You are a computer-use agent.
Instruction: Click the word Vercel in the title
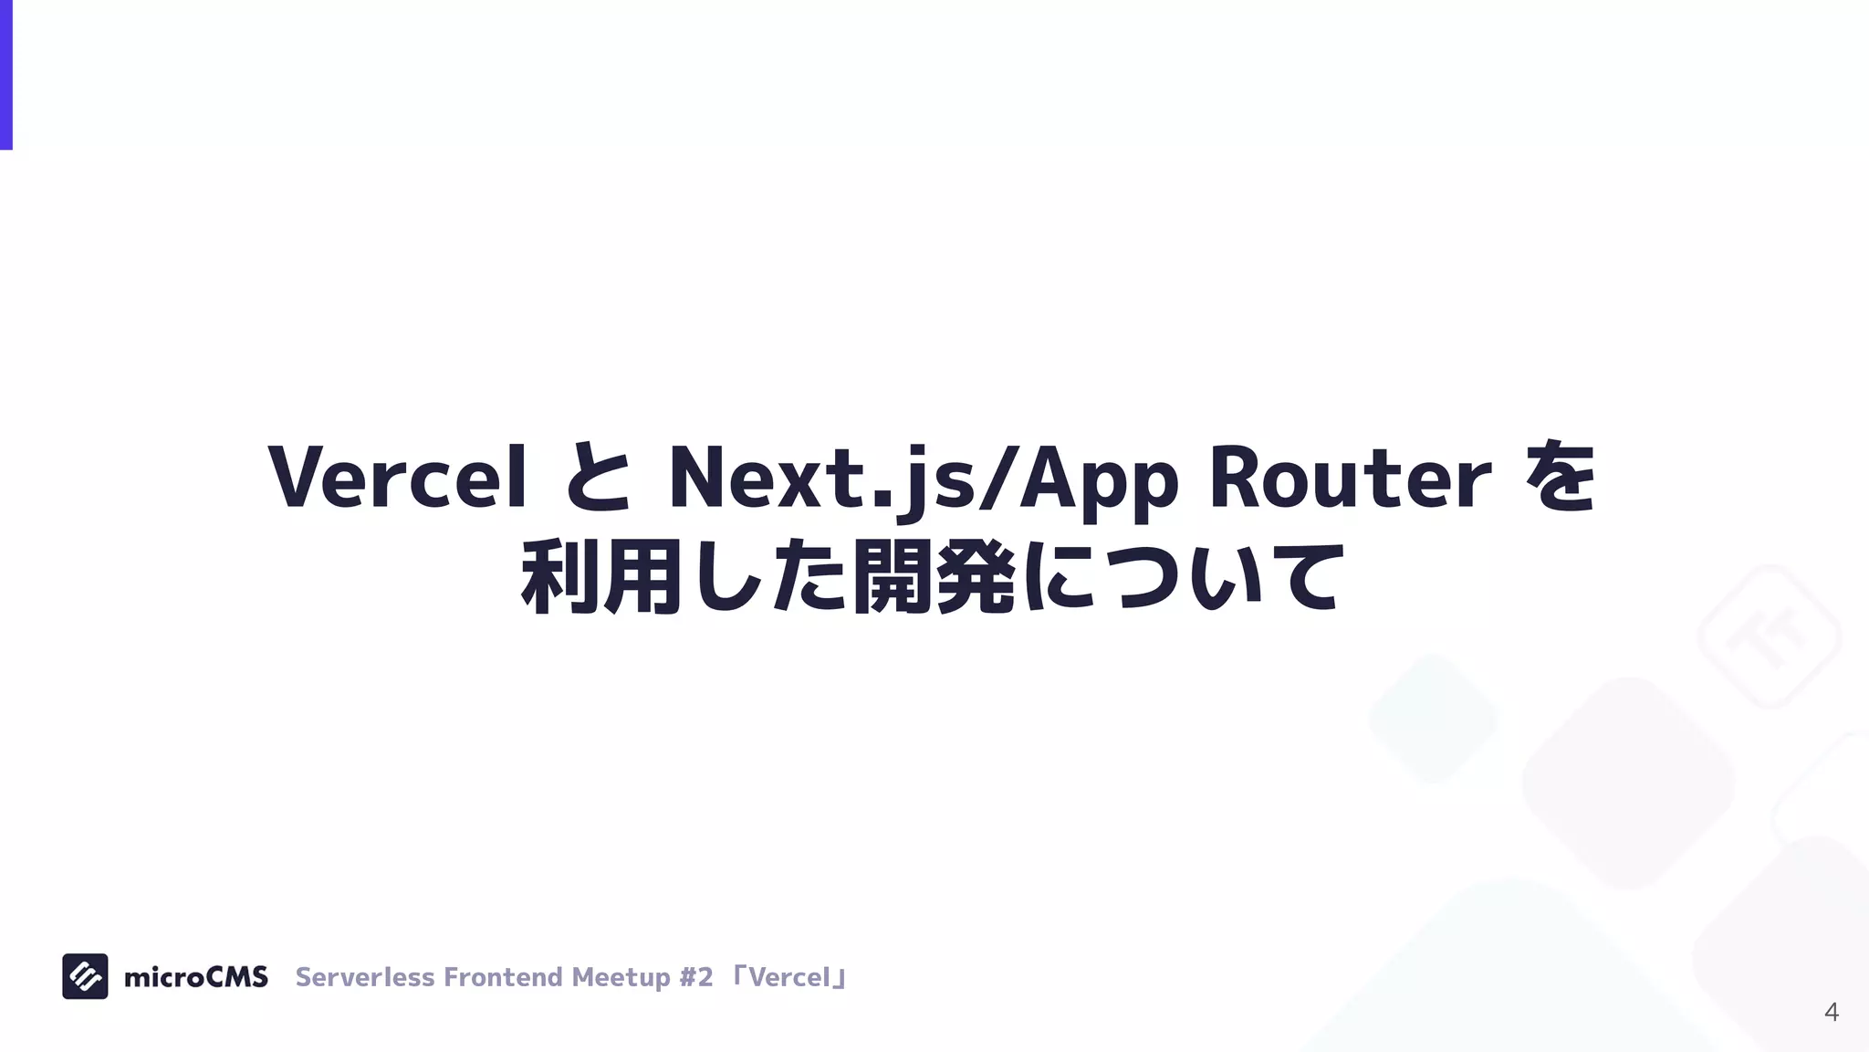[x=398, y=478]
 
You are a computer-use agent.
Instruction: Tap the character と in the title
[x=598, y=478]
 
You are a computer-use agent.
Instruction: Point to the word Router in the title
[x=1350, y=478]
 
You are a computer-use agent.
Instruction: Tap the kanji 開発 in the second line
[x=933, y=577]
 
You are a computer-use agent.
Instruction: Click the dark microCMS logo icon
[x=85, y=976]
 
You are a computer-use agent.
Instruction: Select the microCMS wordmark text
[x=195, y=977]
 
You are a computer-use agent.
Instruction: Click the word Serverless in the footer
[x=364, y=977]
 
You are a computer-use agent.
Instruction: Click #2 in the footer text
[x=696, y=977]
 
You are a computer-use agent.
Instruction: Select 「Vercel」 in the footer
[x=790, y=977]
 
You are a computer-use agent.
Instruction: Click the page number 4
[x=1831, y=1012]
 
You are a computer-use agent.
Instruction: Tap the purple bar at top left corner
[x=5, y=73]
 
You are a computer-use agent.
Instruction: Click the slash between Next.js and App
[x=997, y=478]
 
